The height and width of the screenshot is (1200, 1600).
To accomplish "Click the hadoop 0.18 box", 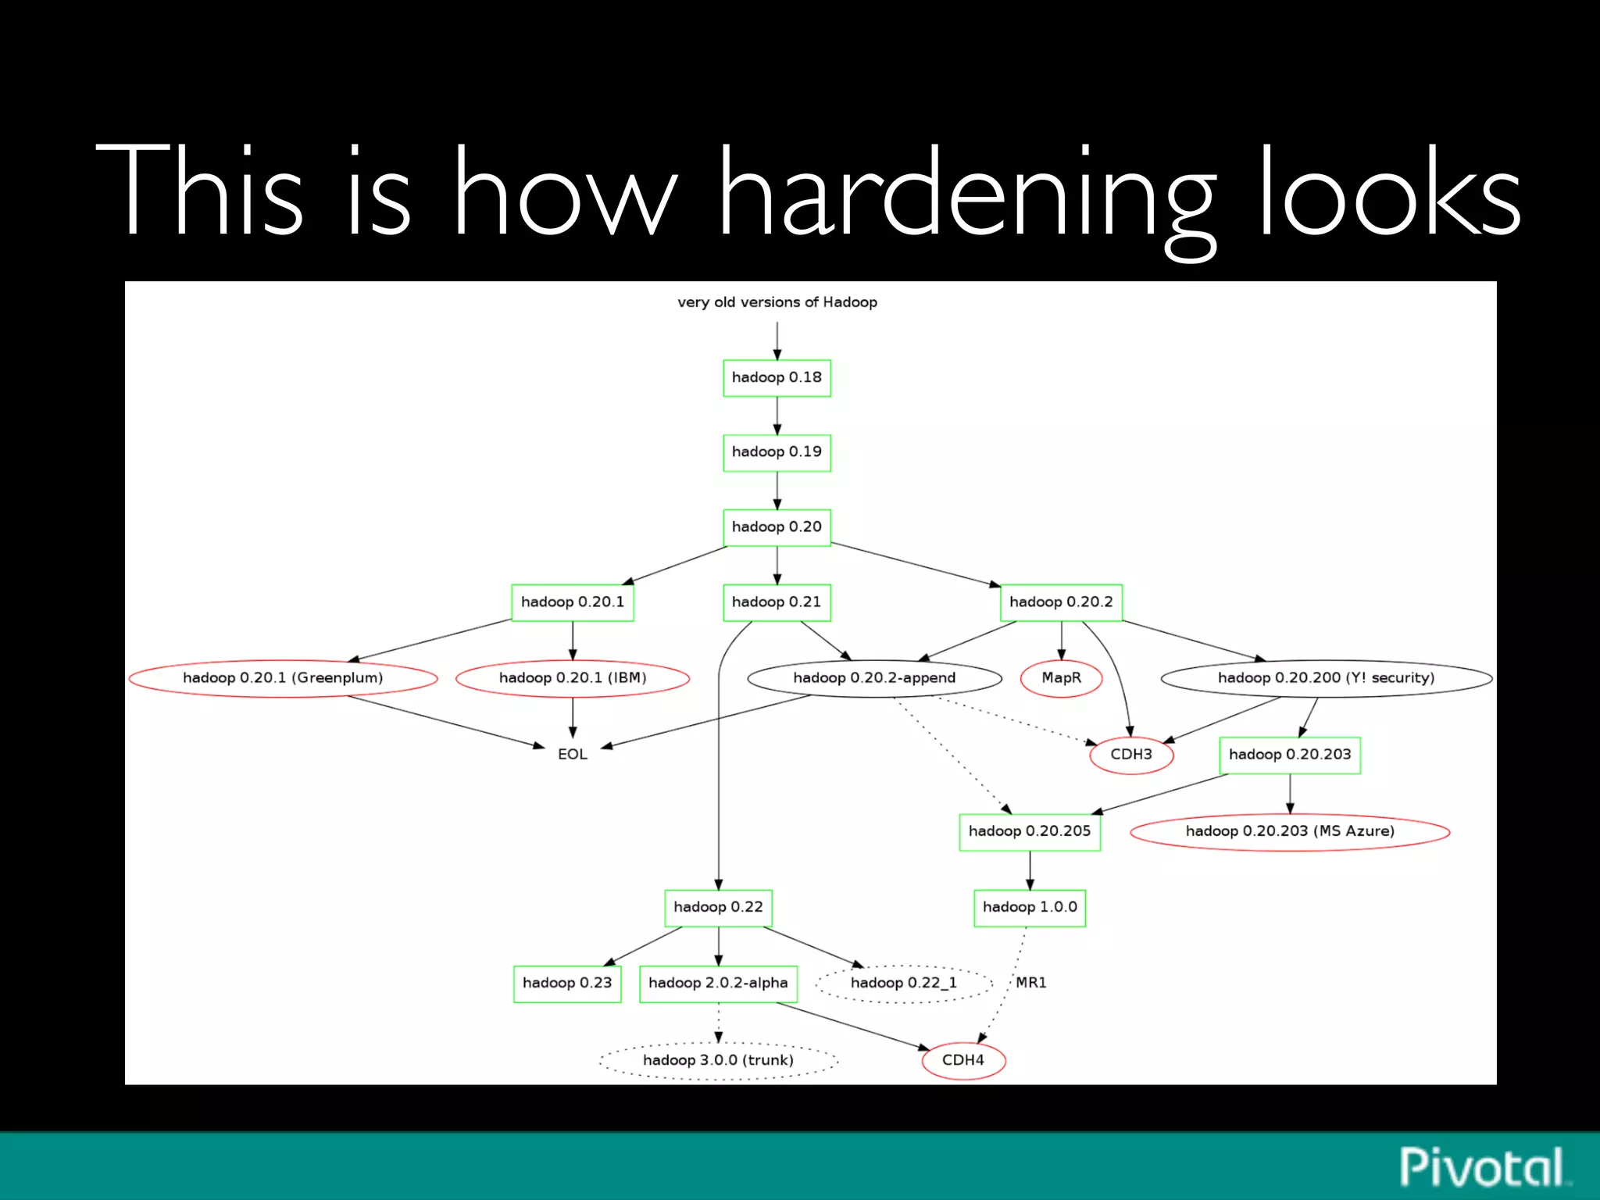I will coord(777,378).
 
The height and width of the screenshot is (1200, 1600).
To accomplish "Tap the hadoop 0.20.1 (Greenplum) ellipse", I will coord(283,678).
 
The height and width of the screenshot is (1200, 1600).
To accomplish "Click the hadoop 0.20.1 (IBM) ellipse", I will coord(573,678).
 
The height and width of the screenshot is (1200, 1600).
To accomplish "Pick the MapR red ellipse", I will coord(1061,678).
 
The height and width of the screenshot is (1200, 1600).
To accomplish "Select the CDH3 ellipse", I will coord(1131,755).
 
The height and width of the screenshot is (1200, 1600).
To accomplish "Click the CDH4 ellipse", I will coord(963,1060).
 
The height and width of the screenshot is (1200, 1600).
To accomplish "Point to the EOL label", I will coord(573,755).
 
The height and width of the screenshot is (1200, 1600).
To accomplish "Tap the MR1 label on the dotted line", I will coord(1031,983).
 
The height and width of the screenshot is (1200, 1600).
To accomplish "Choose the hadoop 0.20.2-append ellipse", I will coord(874,678).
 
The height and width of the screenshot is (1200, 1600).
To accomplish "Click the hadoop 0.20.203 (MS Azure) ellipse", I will coord(1290,831).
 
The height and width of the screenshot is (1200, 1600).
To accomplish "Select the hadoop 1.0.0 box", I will coord(1030,908).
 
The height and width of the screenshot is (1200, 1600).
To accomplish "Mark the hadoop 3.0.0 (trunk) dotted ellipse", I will coord(718,1060).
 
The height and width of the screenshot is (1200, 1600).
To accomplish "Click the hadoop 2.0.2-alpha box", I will coord(718,984).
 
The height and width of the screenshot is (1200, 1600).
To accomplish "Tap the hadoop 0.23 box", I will coord(567,984).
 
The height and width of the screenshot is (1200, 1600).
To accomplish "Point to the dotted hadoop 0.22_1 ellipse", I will coord(904,984).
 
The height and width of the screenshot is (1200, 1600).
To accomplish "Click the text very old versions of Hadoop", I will coord(777,302).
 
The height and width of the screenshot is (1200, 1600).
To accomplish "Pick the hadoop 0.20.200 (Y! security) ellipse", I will coord(1326,678).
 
